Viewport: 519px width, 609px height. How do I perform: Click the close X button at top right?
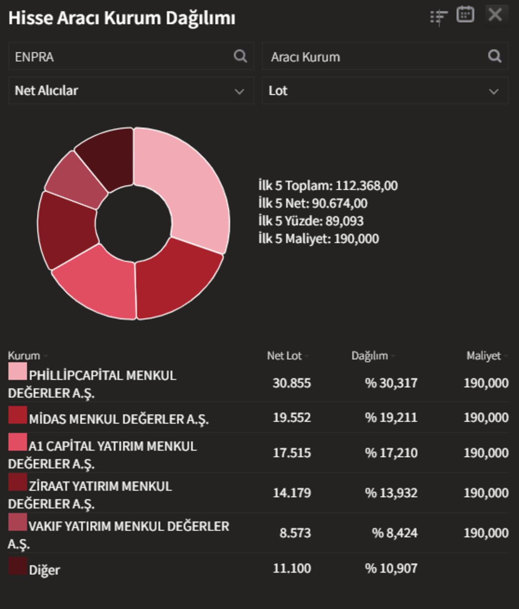click(x=495, y=15)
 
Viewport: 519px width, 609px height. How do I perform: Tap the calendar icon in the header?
click(x=465, y=15)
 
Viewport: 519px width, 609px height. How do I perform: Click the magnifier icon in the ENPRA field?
click(x=240, y=56)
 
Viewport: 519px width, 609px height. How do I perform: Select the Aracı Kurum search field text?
click(x=305, y=57)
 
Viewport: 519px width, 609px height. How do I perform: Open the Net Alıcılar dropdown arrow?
click(x=239, y=91)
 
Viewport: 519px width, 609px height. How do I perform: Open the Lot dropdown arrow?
click(x=493, y=91)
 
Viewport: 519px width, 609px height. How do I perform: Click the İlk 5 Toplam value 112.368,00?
click(x=366, y=185)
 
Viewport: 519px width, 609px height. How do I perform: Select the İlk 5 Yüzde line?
click(x=311, y=221)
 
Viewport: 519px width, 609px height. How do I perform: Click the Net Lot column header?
click(x=284, y=356)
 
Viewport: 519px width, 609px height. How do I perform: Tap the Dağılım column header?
click(x=369, y=356)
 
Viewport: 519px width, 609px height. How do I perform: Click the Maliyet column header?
click(x=483, y=356)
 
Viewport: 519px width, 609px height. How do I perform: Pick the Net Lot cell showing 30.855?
click(x=292, y=383)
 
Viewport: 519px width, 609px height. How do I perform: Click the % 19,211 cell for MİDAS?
click(x=391, y=418)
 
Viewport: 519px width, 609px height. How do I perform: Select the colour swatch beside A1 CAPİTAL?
click(x=17, y=442)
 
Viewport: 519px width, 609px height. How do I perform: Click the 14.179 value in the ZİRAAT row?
click(x=292, y=493)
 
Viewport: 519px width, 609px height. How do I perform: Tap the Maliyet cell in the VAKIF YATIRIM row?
click(x=486, y=533)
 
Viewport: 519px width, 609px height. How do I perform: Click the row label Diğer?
click(x=44, y=570)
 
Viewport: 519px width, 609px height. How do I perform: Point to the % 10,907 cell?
click(x=391, y=568)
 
